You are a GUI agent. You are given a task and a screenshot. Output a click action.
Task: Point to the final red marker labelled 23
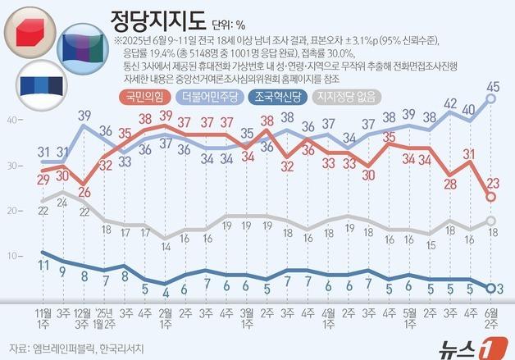point(491,198)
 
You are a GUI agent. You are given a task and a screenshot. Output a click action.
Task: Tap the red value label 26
point(84,192)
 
